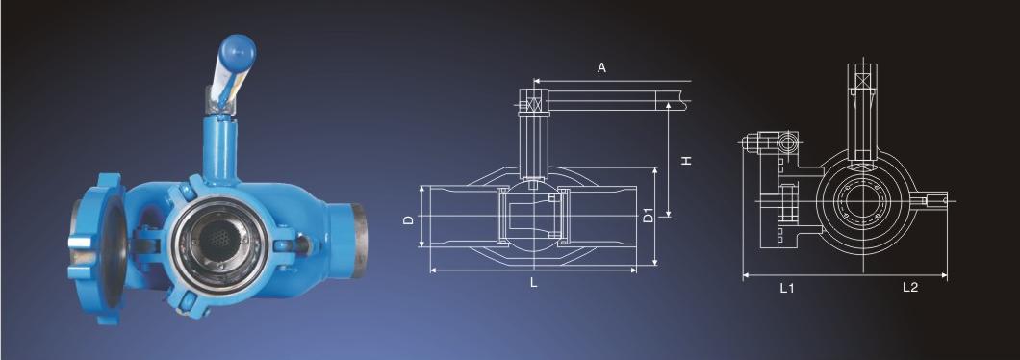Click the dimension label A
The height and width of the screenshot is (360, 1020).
click(x=601, y=67)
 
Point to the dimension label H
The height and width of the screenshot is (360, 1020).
click(x=686, y=160)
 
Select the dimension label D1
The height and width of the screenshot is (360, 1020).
click(x=649, y=215)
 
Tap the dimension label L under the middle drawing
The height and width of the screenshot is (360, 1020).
click(x=533, y=283)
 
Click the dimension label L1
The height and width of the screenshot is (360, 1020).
click(x=787, y=288)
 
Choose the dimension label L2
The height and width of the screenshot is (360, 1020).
click(x=910, y=287)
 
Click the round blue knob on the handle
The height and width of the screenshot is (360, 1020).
click(x=237, y=52)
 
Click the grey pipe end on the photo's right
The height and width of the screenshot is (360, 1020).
click(x=358, y=241)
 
